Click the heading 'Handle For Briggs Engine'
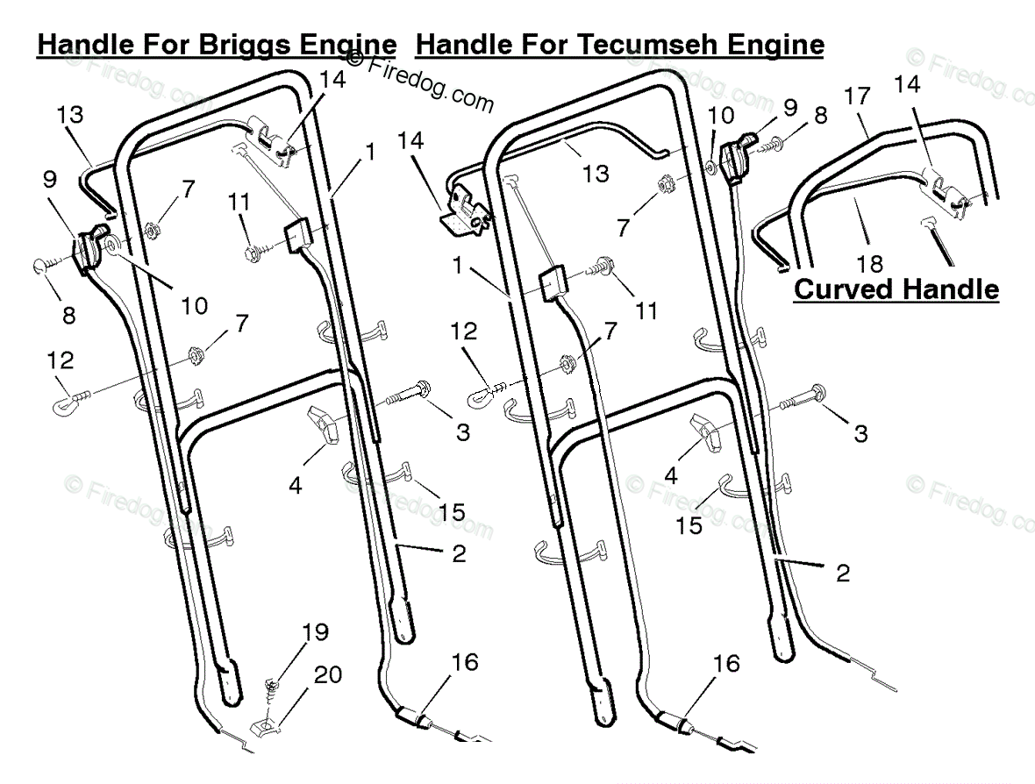[217, 44]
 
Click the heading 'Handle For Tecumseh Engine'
[620, 44]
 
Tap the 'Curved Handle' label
[896, 289]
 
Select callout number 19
[315, 631]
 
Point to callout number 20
[328, 675]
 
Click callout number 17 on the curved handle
[858, 96]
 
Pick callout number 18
[870, 264]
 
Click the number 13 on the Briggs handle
[70, 114]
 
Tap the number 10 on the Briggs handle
[194, 305]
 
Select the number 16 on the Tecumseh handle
[727, 663]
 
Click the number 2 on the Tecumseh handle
[843, 573]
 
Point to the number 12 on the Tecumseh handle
[463, 331]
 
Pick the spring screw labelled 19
[269, 689]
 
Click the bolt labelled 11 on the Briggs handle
[259, 253]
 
